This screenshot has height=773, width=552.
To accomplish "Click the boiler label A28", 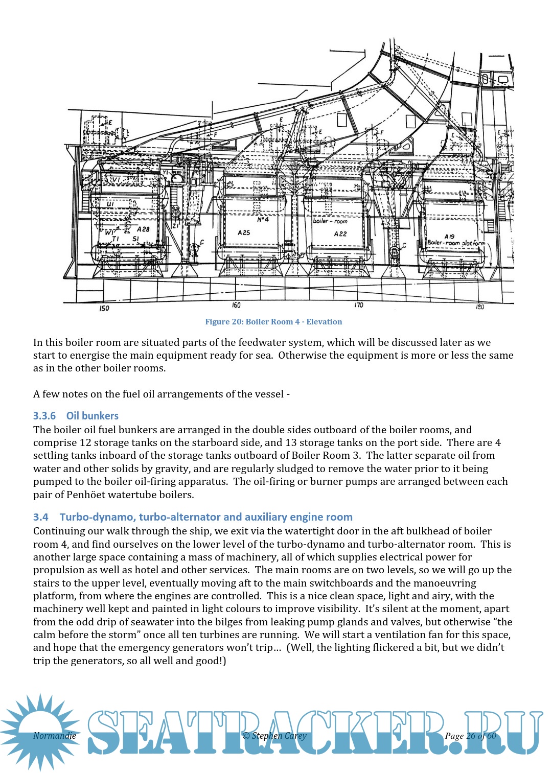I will click(143, 229).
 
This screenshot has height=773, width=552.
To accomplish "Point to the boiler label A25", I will click(244, 232).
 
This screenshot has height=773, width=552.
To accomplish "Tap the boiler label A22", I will click(340, 233).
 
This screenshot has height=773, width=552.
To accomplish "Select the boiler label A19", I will click(449, 236).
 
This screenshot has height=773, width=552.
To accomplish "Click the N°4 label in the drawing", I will click(263, 220).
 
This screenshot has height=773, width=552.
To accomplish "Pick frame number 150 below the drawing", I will click(104, 308).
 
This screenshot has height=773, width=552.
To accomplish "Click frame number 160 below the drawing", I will click(236, 305).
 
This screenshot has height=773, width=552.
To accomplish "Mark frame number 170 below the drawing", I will click(359, 305).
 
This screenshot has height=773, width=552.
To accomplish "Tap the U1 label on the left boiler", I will click(110, 204).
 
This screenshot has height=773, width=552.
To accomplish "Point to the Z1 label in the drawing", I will click(175, 225).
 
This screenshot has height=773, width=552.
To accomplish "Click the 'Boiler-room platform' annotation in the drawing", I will click(456, 243).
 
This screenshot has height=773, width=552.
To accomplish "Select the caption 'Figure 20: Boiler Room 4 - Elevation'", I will click(273, 322).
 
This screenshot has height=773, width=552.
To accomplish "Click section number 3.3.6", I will click(44, 416).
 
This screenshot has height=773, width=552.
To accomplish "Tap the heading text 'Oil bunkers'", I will click(93, 416).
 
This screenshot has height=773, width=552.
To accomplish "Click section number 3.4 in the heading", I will click(41, 517).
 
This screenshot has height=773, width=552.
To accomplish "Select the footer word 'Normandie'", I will click(55, 736).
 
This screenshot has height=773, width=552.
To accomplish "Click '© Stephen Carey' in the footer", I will click(274, 736).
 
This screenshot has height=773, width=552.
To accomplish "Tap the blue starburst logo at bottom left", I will click(40, 732).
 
